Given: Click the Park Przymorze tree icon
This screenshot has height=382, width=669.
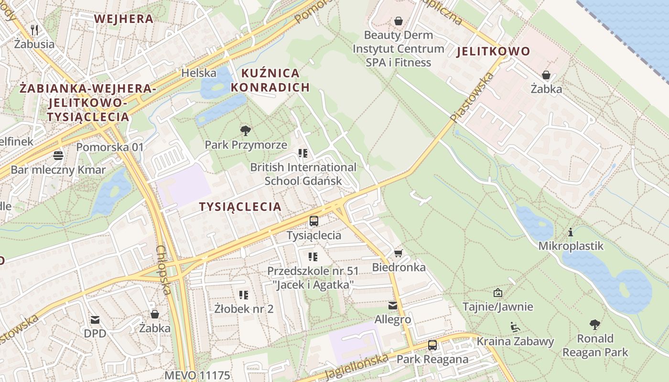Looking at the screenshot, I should (x=246, y=130).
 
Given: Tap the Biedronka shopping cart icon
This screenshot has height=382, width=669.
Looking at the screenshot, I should (x=398, y=253).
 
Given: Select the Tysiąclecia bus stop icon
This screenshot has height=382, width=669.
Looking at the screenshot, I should (x=314, y=221).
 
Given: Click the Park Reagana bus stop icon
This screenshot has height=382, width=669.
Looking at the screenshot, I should (x=432, y=345).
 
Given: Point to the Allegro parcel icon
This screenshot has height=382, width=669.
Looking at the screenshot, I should (x=393, y=306).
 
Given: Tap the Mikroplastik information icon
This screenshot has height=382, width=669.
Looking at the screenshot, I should (x=571, y=233).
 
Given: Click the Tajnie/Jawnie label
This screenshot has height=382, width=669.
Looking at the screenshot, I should (x=497, y=307).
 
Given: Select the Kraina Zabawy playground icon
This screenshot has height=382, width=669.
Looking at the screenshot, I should (x=515, y=327).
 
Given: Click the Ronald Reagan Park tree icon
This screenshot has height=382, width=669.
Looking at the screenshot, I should (x=595, y=325).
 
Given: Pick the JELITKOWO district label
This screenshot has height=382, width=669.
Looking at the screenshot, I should (x=493, y=52).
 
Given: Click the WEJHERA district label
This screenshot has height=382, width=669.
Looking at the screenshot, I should (x=124, y=19).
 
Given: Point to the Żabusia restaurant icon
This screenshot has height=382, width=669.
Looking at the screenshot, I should (x=34, y=30).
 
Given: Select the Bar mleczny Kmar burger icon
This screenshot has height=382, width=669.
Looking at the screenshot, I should (x=58, y=156).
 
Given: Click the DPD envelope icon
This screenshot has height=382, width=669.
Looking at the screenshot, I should (x=95, y=319).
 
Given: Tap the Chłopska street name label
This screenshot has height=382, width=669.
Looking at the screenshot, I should (x=164, y=270).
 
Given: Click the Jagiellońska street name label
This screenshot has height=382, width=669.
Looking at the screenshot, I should (x=356, y=367).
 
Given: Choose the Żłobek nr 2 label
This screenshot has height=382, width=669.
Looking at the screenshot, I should (x=244, y=308).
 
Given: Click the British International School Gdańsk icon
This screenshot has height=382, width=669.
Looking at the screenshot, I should (x=302, y=153).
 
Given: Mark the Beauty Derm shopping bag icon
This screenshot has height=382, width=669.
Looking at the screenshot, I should (x=398, y=21).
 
